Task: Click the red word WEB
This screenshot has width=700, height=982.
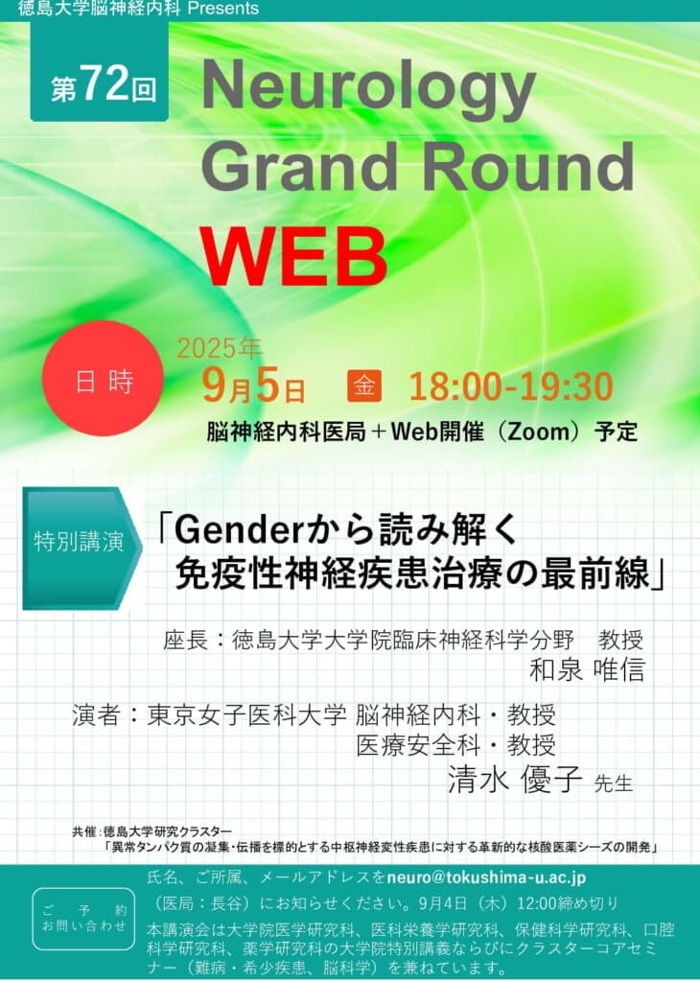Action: click(293, 256)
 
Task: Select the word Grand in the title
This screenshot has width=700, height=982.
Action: click(299, 166)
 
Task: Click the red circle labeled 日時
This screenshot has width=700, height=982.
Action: click(104, 378)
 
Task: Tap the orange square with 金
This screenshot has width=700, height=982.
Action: click(364, 386)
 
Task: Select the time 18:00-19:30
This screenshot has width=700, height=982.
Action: click(511, 386)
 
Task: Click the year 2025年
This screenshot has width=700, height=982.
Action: click(220, 348)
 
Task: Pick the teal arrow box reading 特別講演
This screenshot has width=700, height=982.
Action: click(82, 548)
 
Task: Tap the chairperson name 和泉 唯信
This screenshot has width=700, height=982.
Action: click(587, 669)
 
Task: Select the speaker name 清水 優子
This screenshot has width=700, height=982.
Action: click(515, 780)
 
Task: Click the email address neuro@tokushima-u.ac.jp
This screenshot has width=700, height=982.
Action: click(486, 877)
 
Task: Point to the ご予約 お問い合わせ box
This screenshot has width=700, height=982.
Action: click(83, 919)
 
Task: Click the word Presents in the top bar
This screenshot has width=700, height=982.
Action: click(222, 9)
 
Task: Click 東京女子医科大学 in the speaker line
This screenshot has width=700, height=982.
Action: click(246, 714)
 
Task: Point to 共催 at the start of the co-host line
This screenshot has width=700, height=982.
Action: click(83, 831)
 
